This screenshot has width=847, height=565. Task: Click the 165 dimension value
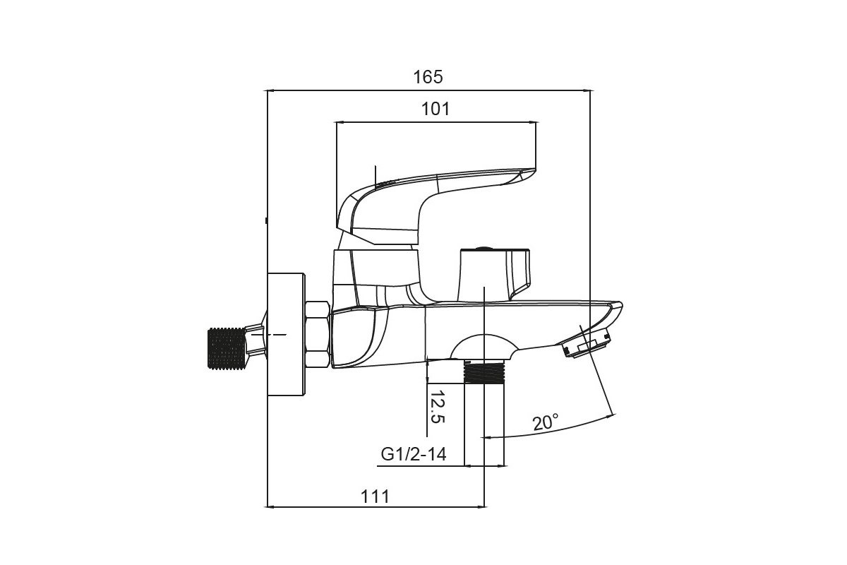coord(428,77)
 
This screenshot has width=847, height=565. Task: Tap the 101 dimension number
coord(435,109)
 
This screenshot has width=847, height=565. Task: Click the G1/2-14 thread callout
coord(414,454)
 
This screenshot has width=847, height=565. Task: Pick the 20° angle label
coord(546,422)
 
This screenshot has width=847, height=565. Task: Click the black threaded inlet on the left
coord(227,349)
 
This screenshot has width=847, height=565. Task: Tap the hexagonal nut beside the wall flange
coord(317,334)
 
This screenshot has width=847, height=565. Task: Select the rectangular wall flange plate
coord(286,335)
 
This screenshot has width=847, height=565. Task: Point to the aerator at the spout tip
coord(586,345)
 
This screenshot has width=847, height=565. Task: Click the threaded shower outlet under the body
coord(484,371)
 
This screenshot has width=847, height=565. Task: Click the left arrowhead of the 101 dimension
coord(340,122)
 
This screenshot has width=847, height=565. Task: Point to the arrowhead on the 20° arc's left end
coord(486,437)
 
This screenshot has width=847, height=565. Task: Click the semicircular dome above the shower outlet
coord(483,347)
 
